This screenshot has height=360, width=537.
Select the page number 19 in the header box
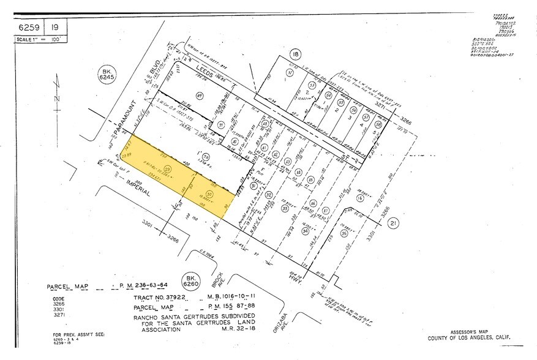point(55,27)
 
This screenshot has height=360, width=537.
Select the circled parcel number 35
point(344,234)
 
